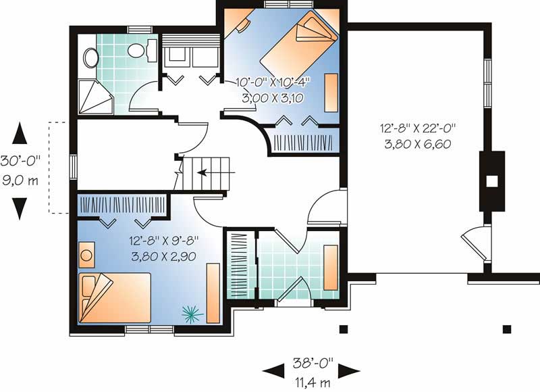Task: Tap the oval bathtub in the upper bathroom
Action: [91, 57]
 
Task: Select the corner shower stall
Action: [95, 97]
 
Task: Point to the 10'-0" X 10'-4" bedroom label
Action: [273, 82]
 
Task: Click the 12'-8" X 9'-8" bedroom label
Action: [164, 241]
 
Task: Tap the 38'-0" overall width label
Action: [313, 362]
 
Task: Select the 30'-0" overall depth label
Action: [20, 161]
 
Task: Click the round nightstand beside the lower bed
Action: [86, 255]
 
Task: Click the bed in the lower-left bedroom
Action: [115, 298]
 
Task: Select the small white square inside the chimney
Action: [492, 181]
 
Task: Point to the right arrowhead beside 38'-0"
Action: [349, 371]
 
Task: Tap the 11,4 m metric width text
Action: [313, 383]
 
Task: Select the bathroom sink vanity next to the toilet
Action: [152, 50]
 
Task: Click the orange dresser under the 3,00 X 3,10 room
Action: [331, 93]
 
